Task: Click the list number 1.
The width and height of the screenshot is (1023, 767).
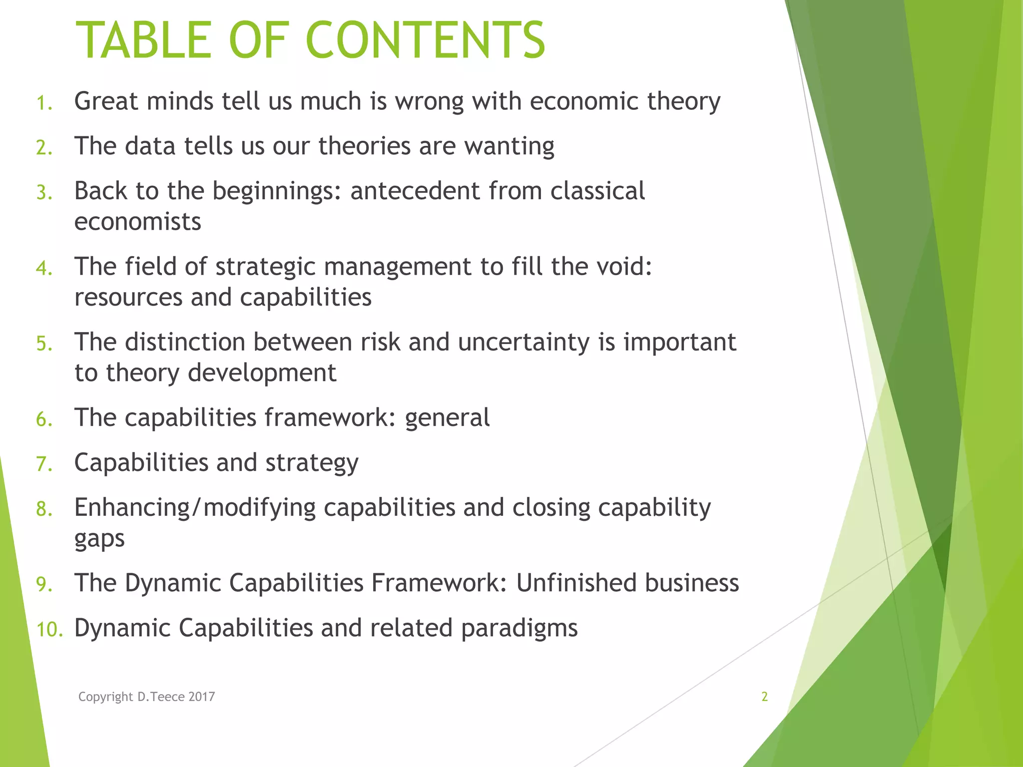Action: (44, 103)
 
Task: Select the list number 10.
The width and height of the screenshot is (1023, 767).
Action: (49, 629)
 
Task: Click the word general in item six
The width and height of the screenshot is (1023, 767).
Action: (447, 418)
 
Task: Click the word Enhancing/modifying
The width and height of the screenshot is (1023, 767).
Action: (195, 508)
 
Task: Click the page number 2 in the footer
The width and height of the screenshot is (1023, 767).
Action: (764, 697)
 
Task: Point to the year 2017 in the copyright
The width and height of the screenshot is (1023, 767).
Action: (202, 697)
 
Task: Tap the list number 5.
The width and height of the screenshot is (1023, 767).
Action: (43, 345)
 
